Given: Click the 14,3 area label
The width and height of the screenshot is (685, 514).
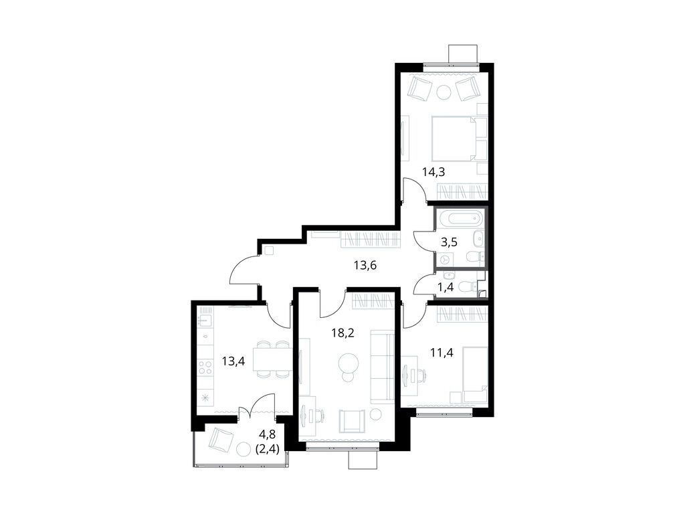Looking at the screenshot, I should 433,171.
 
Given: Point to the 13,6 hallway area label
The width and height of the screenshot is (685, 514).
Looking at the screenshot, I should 365,265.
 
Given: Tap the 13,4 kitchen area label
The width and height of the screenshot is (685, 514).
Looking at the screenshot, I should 233,362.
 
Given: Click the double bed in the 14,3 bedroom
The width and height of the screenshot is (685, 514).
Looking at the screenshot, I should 458,139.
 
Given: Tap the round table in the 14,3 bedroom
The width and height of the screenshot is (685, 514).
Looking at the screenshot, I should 444,92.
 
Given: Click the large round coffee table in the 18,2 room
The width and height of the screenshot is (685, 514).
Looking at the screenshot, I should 348,363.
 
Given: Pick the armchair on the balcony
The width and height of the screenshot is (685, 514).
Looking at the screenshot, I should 220,440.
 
